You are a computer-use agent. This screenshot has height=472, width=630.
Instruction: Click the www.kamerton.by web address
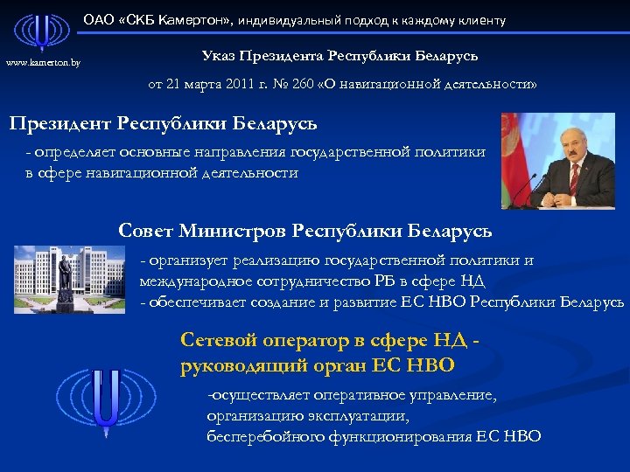point(43,63)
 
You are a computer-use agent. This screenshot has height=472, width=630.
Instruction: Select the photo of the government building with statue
point(69,278)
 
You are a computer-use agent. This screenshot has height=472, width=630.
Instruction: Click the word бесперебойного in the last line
point(264,437)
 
